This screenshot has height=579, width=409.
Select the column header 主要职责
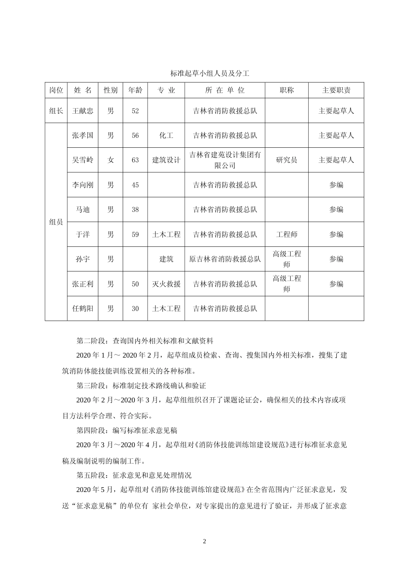[336, 90]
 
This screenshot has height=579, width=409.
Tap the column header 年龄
[135, 90]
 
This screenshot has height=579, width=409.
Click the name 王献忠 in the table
[83, 111]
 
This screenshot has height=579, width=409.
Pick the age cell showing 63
[135, 160]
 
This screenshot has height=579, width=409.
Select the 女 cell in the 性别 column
[111, 160]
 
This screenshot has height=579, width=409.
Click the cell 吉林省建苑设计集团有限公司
[225, 160]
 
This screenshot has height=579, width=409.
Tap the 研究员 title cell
[286, 160]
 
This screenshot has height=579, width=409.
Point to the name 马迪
[83, 210]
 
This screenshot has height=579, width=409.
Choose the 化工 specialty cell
[166, 135]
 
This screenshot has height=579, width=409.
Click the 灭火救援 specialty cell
[166, 284]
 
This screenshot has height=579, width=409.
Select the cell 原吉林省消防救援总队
[225, 259]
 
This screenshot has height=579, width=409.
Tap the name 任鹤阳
[83, 309]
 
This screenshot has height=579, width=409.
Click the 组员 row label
[56, 222]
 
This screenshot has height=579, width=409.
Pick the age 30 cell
[135, 309]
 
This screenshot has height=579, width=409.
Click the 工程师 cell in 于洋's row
[286, 234]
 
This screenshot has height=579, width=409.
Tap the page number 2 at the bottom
[204, 541]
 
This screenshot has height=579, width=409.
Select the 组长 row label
[56, 111]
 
